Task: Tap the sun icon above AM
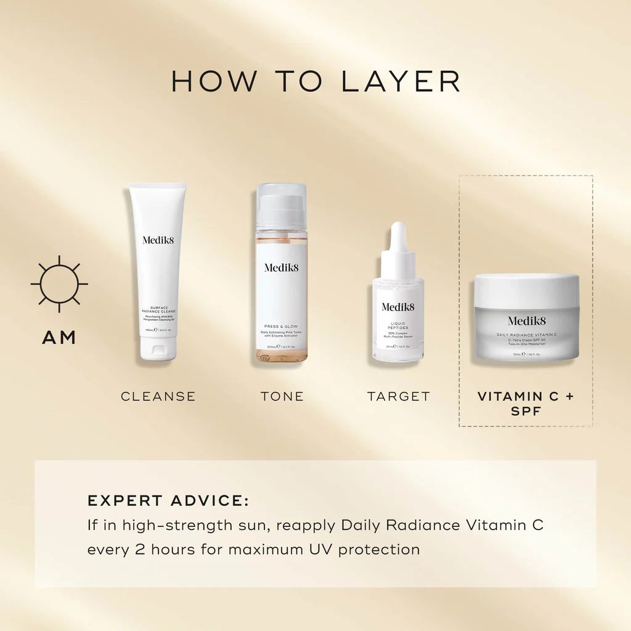click(x=59, y=284)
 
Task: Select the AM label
click(x=59, y=337)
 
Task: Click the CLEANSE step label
click(x=158, y=396)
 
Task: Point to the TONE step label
click(x=282, y=396)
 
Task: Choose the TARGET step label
click(x=399, y=396)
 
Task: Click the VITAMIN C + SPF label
click(x=526, y=403)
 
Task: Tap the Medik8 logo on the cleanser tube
click(x=158, y=240)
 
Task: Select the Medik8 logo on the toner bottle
click(x=282, y=267)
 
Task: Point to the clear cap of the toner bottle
click(x=282, y=205)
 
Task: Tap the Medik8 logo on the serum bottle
click(x=398, y=306)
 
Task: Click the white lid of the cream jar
click(x=526, y=291)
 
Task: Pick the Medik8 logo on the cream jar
click(x=526, y=320)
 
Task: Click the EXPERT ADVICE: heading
click(x=168, y=500)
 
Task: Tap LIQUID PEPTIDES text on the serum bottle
click(x=398, y=324)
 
